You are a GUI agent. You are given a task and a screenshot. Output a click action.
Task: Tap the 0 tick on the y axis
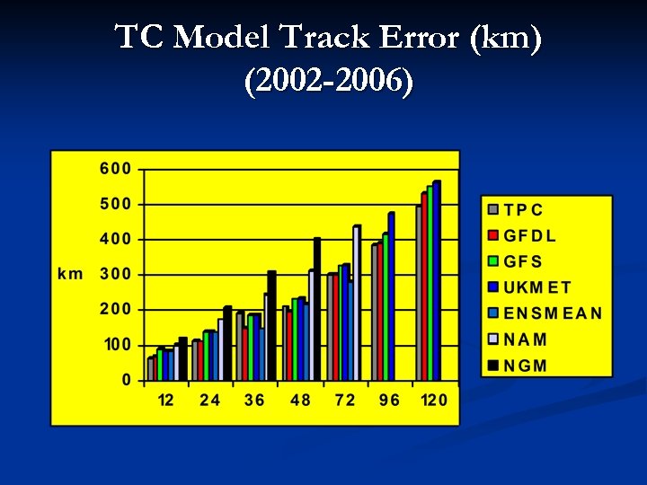tap(126, 380)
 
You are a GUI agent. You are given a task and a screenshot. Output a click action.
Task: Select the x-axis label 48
tap(300, 400)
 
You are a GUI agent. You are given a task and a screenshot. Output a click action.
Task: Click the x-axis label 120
tap(434, 400)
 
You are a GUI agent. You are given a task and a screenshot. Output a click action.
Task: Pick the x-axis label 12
tap(166, 400)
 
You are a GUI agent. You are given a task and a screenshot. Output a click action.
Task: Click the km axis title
tap(70, 274)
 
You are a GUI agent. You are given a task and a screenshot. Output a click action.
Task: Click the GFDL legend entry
tap(529, 236)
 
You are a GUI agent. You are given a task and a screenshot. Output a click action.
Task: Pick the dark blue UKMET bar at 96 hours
tap(391, 296)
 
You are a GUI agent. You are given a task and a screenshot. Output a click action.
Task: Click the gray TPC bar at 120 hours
tap(418, 294)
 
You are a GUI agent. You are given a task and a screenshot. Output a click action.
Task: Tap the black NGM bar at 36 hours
tap(271, 326)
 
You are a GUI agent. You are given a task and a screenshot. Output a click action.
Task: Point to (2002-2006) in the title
tap(328, 82)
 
